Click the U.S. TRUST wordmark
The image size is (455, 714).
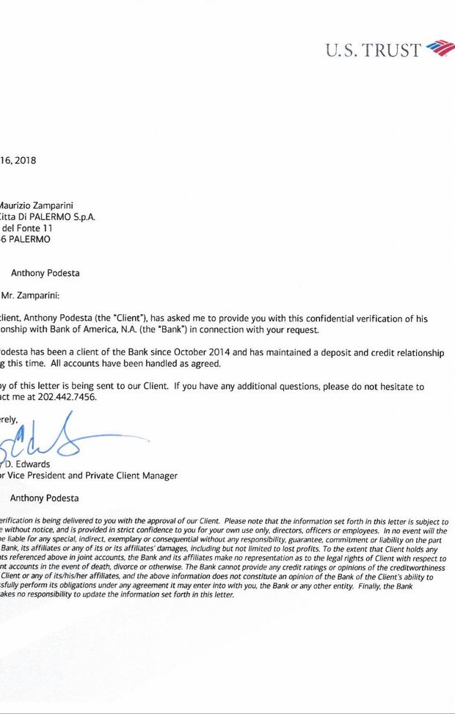tap(373, 50)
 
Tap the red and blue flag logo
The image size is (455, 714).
tap(440, 48)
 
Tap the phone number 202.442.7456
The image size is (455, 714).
tap(69, 397)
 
